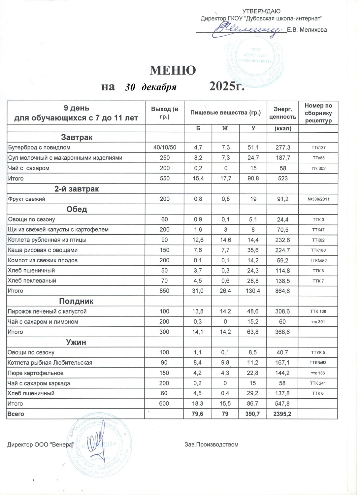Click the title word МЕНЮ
(173, 70)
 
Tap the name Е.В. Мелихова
(307, 30)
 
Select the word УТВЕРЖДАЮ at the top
(261, 12)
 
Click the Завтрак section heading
(77, 137)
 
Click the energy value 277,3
(283, 148)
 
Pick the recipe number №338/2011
(318, 199)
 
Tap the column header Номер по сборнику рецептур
(318, 113)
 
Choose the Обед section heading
(77, 209)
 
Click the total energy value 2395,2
(283, 414)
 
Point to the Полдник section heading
(76, 301)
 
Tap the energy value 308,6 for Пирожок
(283, 312)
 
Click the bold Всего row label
(16, 414)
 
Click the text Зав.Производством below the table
(211, 445)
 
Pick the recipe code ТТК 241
(318, 383)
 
